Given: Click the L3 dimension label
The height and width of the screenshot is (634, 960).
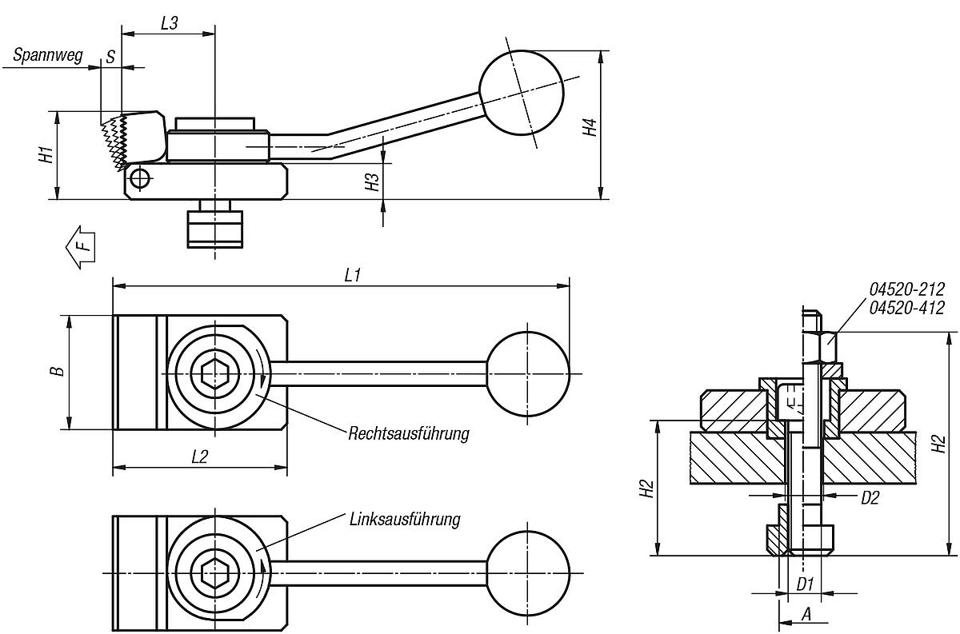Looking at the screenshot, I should [x=169, y=23].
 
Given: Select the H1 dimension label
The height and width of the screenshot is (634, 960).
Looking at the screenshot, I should [x=46, y=155].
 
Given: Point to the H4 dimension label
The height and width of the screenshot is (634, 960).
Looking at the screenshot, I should [x=590, y=127].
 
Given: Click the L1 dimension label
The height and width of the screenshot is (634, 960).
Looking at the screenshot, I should [x=352, y=275].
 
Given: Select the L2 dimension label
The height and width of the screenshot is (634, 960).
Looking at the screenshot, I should [x=199, y=457].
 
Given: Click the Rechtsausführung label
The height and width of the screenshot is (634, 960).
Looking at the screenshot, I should [x=408, y=434].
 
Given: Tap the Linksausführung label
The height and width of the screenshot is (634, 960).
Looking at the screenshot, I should [x=405, y=520].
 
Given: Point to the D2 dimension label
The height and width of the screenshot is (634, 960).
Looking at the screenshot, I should [x=870, y=498].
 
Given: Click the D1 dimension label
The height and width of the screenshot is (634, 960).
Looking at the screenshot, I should [x=805, y=584].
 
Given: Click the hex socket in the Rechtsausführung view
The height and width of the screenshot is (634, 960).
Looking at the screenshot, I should [x=215, y=373].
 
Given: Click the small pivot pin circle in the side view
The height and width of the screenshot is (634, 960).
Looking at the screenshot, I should [x=140, y=177].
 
